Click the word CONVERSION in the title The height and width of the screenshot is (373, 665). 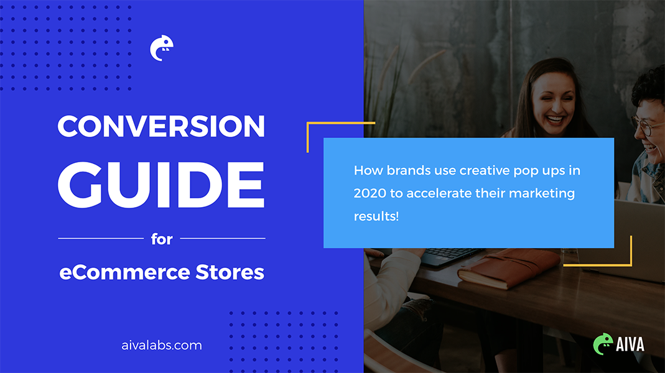click(161, 126)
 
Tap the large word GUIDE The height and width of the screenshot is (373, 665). click(161, 185)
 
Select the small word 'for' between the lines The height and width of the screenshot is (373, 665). click(162, 239)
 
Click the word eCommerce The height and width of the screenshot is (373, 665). click(124, 272)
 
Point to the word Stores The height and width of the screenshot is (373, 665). click(230, 272)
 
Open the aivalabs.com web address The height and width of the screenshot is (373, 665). click(162, 345)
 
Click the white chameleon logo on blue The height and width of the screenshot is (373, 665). click(162, 48)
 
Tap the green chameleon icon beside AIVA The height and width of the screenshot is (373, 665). click(603, 344)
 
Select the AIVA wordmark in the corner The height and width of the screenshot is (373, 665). click(630, 344)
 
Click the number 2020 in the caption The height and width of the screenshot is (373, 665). click(370, 193)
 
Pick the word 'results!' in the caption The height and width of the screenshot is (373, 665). click(376, 216)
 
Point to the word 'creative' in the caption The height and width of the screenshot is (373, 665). click(485, 170)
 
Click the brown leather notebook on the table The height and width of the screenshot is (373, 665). click(509, 268)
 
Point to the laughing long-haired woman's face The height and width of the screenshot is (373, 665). click(553, 104)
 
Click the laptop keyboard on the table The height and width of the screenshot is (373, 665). click(450, 254)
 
